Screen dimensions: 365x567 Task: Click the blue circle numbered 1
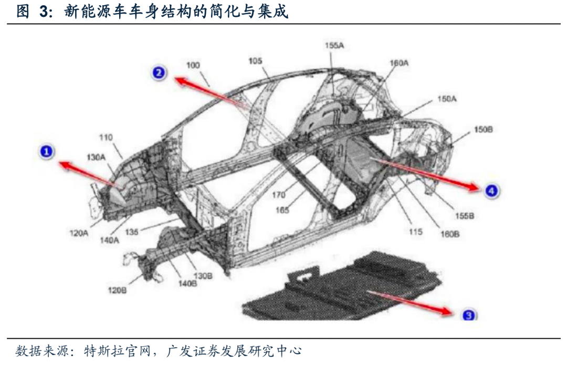(x=47, y=152)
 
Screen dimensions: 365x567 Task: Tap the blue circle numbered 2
(x=160, y=73)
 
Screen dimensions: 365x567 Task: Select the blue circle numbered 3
(x=468, y=315)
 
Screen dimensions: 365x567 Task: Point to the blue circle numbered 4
(x=490, y=191)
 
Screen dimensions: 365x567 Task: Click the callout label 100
(x=193, y=65)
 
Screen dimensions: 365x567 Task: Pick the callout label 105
(x=255, y=61)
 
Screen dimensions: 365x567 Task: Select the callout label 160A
(x=399, y=63)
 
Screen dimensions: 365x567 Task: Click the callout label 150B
(x=484, y=129)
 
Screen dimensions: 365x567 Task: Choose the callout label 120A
(x=79, y=233)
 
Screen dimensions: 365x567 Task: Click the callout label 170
(x=279, y=195)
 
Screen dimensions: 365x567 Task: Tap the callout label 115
(x=416, y=231)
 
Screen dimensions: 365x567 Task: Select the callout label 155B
(x=465, y=216)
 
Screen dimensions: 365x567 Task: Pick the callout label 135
(x=132, y=231)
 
